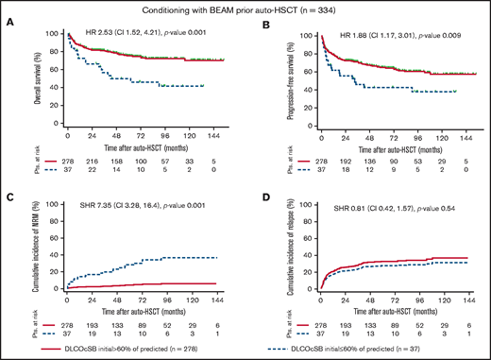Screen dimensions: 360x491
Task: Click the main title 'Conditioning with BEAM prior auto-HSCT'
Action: pyautogui.click(x=245, y=9)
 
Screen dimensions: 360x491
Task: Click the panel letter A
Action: pyautogui.click(x=8, y=26)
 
